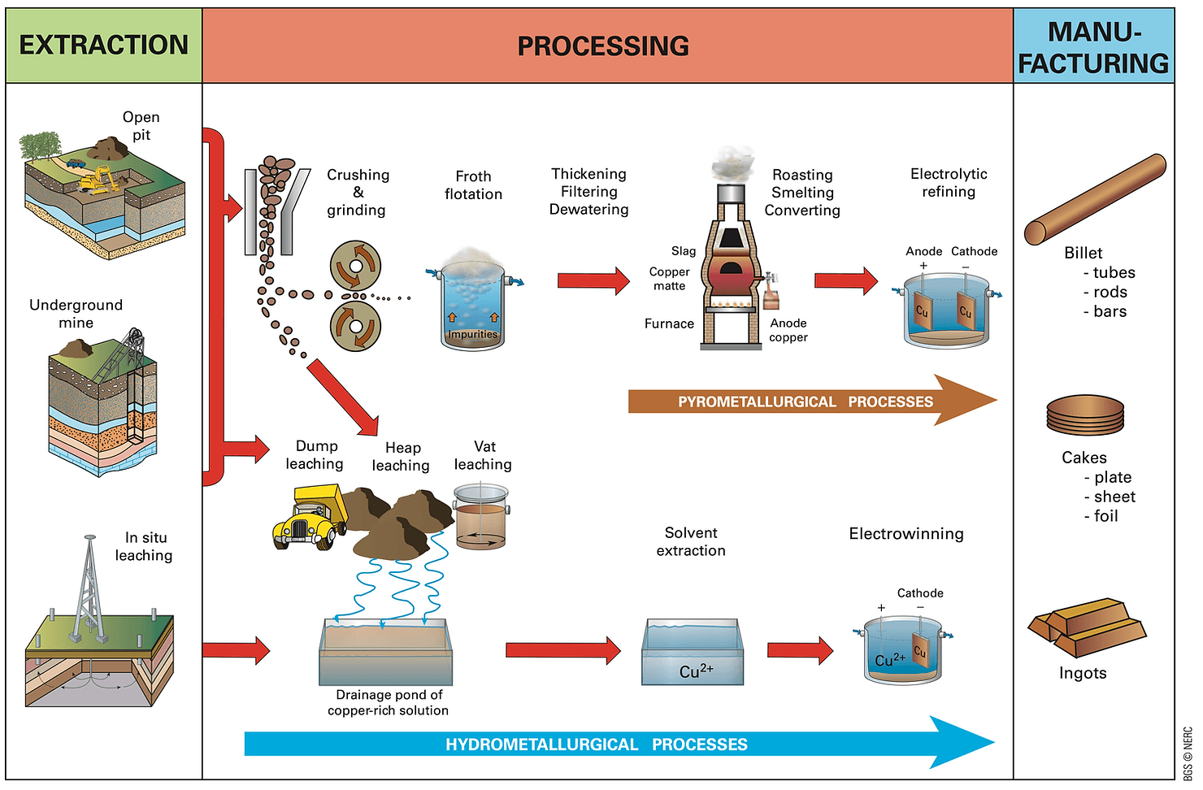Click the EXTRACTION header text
(103, 46)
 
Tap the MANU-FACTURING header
(1093, 47)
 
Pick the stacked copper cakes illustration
(1084, 416)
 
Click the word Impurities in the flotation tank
(472, 334)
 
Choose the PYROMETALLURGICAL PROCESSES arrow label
(805, 402)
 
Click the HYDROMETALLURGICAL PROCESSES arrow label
(596, 744)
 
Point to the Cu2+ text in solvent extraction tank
(696, 671)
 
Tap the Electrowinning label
(906, 534)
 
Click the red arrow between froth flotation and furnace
(593, 281)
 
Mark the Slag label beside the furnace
(683, 251)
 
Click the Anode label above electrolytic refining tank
(923, 252)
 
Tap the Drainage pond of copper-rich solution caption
(389, 702)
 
